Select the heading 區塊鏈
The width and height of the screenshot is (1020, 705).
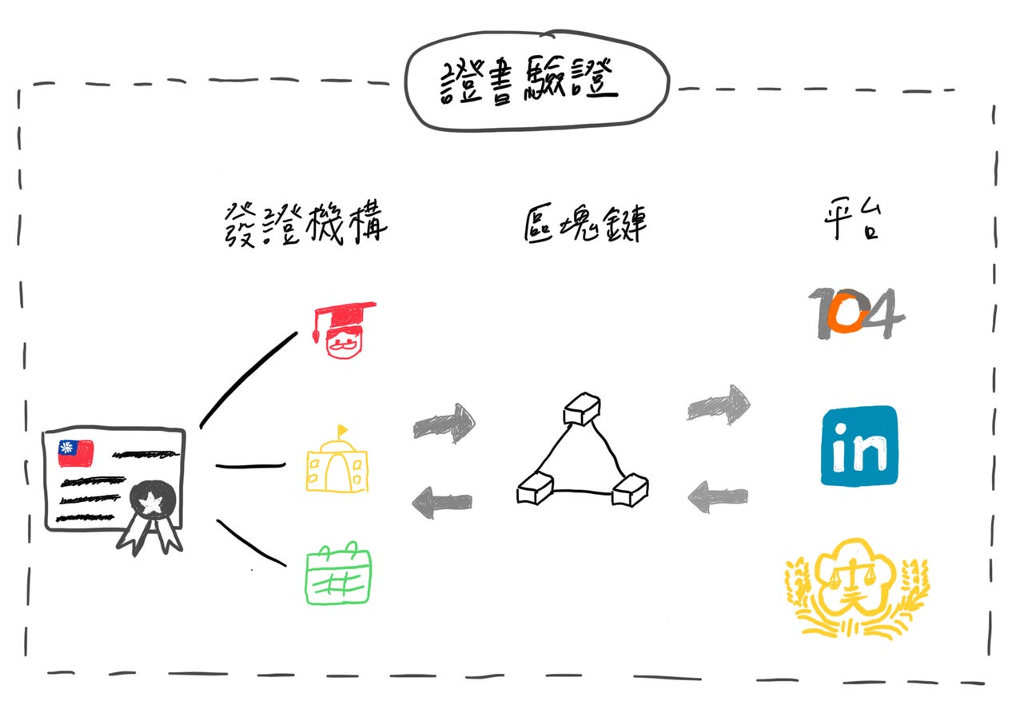584,223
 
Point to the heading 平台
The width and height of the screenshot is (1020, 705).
852,223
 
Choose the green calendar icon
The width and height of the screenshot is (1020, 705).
338,575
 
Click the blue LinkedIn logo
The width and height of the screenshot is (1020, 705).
859,445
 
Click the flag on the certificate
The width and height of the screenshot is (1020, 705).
75,452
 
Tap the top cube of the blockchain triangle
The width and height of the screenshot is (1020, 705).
581,409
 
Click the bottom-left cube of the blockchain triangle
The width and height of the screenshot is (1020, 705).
534,488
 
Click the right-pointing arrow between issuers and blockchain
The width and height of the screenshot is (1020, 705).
444,423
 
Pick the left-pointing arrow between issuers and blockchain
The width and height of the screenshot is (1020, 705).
442,502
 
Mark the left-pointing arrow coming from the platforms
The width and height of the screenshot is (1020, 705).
717,497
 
